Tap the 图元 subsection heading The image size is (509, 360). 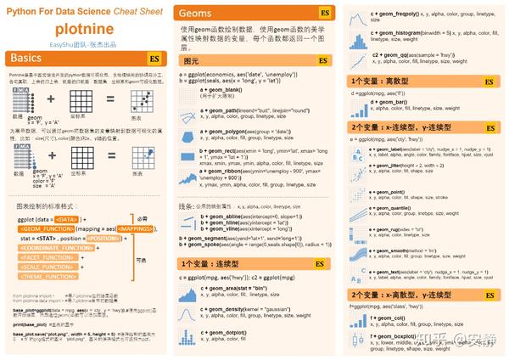tap(191, 61)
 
